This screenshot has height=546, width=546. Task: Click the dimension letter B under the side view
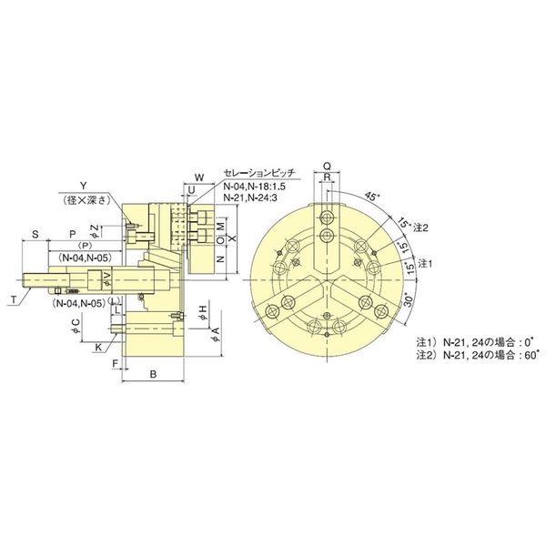[153, 374]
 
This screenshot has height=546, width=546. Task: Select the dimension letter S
[35, 233]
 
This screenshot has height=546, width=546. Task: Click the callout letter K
[98, 347]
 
